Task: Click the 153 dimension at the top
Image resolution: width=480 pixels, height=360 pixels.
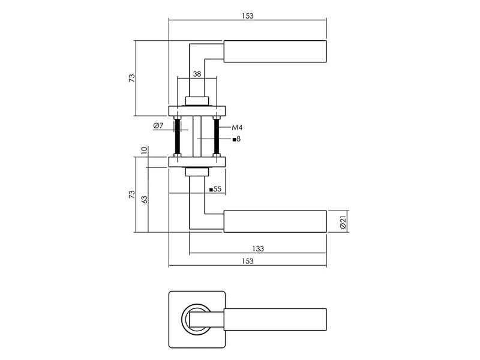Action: click(247, 16)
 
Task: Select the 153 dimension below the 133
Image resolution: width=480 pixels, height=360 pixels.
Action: click(247, 261)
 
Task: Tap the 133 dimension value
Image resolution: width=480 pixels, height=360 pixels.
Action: click(258, 248)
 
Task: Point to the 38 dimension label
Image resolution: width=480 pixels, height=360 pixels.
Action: click(197, 74)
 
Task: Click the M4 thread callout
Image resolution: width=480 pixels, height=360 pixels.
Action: click(237, 127)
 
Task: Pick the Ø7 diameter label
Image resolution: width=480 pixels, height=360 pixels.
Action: click(158, 125)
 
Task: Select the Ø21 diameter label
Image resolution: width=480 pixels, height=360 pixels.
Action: click(343, 221)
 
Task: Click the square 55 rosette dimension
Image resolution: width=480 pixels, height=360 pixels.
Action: click(215, 189)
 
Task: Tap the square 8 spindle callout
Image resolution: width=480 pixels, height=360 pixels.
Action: click(236, 139)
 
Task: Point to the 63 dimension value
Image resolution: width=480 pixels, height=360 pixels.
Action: click(144, 199)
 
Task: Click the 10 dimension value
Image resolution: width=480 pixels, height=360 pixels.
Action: click(144, 150)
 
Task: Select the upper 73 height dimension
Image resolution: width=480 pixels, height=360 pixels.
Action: click(131, 78)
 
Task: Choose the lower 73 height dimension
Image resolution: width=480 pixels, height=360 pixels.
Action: click(131, 194)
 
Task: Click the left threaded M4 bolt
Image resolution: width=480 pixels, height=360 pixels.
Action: click(177, 136)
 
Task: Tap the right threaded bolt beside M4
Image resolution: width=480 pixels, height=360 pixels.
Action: click(217, 136)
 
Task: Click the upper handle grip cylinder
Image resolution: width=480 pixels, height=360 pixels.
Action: click(275, 52)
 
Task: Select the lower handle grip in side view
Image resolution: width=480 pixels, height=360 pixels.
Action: click(275, 221)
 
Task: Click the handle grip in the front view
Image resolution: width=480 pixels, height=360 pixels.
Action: click(275, 320)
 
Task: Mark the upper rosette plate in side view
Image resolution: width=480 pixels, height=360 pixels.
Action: click(197, 111)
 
